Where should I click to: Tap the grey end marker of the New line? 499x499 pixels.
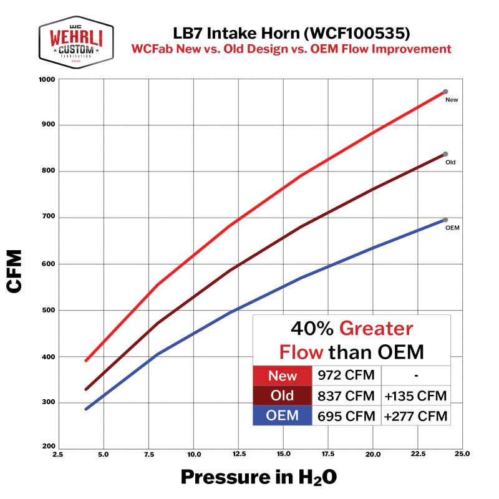tap(445, 92)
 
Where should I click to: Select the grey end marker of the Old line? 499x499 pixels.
tap(445, 154)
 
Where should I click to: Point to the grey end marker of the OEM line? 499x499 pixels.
tap(445, 220)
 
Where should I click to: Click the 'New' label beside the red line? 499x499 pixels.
tap(452, 100)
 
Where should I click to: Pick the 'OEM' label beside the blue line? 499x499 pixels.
tap(452, 228)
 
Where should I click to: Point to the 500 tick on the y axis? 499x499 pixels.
tap(49, 310)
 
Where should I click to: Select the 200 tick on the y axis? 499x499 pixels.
tap(49, 447)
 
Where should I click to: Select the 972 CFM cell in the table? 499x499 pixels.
tap(347, 376)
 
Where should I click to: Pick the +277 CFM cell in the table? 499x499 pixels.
tap(416, 415)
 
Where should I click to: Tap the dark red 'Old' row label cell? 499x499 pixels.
tap(282, 395)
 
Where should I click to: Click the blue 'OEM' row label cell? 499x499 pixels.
tap(282, 415)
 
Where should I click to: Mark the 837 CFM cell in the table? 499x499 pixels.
tap(347, 395)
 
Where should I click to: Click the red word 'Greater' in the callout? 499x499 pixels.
tap(377, 329)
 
